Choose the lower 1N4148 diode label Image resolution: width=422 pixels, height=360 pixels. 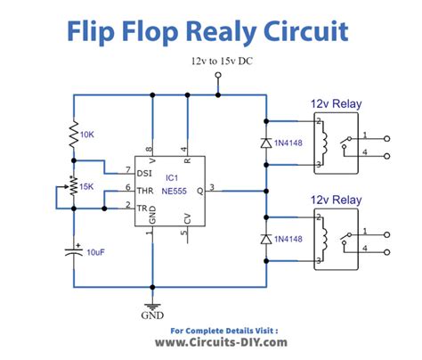(293, 238)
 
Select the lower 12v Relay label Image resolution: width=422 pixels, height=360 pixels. (335, 200)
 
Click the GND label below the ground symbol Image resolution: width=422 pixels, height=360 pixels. (154, 315)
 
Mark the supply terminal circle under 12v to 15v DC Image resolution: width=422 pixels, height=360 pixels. (218, 78)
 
